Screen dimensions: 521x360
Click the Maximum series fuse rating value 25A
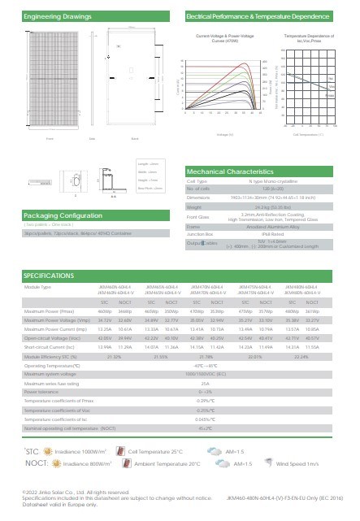[205, 382]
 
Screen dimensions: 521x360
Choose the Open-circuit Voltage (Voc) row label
[53, 338]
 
